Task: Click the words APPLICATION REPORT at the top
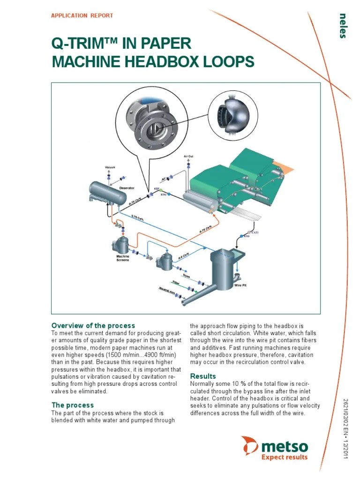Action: (82, 15)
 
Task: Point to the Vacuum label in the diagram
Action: (110, 167)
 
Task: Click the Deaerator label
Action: (127, 188)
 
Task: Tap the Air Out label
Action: (188, 156)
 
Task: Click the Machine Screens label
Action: (122, 258)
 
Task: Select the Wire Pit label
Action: (240, 285)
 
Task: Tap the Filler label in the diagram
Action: (176, 283)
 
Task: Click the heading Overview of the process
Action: (93, 325)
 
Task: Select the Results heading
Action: (203, 376)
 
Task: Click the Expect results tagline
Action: (284, 457)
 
